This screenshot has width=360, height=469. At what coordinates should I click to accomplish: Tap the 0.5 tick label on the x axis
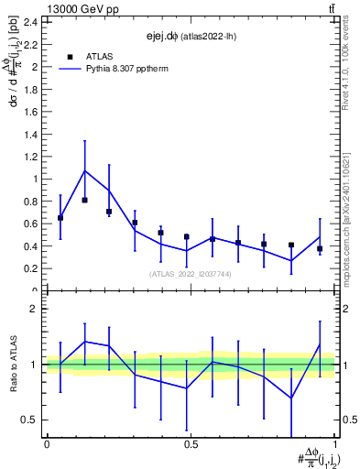coord(191,444)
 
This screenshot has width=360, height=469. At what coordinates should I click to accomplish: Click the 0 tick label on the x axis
coord(46,444)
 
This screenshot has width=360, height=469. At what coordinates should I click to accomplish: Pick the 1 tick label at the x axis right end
coord(335,444)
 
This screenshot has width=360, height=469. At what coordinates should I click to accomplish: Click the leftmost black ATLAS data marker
coord(60,218)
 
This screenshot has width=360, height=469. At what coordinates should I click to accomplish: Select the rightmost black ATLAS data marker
coord(320,248)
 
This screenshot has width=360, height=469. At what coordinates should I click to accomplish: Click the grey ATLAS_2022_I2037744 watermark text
coord(191,274)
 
